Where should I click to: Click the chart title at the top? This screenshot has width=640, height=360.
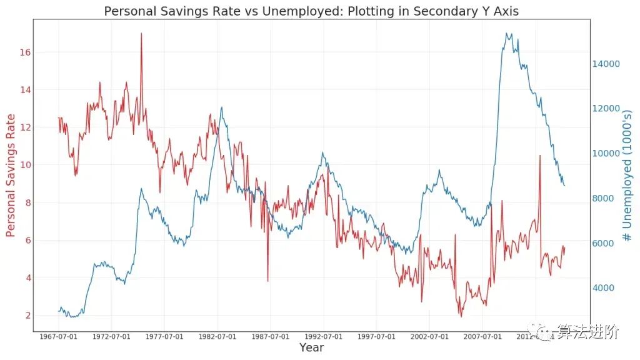pos(311,11)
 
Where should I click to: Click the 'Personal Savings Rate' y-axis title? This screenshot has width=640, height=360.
pos(11,175)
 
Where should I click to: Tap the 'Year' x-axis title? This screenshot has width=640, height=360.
pos(311,347)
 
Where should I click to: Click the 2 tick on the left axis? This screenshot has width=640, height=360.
pos(27,316)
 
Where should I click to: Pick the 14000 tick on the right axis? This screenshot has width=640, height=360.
pos(607,64)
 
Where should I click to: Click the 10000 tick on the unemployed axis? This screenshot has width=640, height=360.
pos(607,154)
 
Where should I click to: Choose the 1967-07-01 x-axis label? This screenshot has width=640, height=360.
pos(59,337)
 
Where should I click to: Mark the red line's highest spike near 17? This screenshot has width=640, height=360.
pos(141,34)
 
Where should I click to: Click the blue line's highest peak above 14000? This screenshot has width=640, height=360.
pos(507,34)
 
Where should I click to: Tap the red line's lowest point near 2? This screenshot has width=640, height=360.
pos(461,316)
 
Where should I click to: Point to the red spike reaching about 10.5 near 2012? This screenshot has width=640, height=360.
pos(540,156)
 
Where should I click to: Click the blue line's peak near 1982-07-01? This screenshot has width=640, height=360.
pos(222,107)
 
